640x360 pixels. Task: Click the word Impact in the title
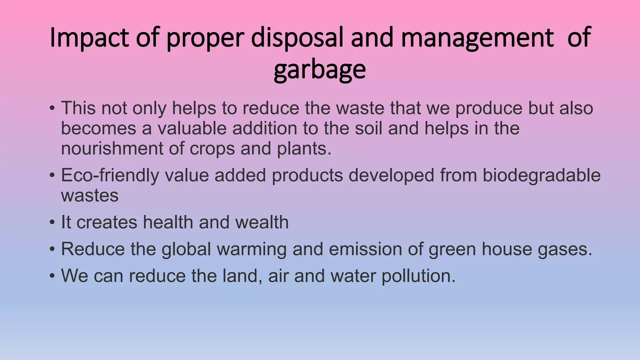click(x=89, y=38)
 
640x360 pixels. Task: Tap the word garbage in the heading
click(x=320, y=70)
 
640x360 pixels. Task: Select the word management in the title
click(x=477, y=38)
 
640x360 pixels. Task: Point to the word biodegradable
click(x=542, y=175)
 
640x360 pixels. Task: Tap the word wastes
click(x=90, y=196)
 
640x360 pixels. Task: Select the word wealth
click(x=262, y=222)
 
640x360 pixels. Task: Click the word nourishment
click(x=112, y=148)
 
